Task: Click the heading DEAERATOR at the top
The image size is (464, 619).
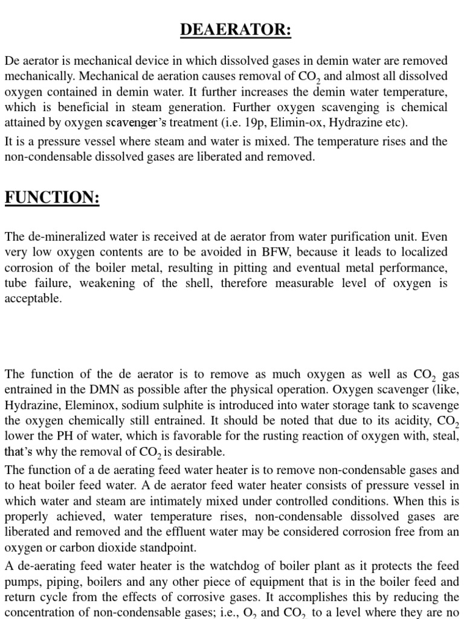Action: click(235, 30)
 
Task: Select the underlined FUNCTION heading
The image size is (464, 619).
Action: click(52, 197)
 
